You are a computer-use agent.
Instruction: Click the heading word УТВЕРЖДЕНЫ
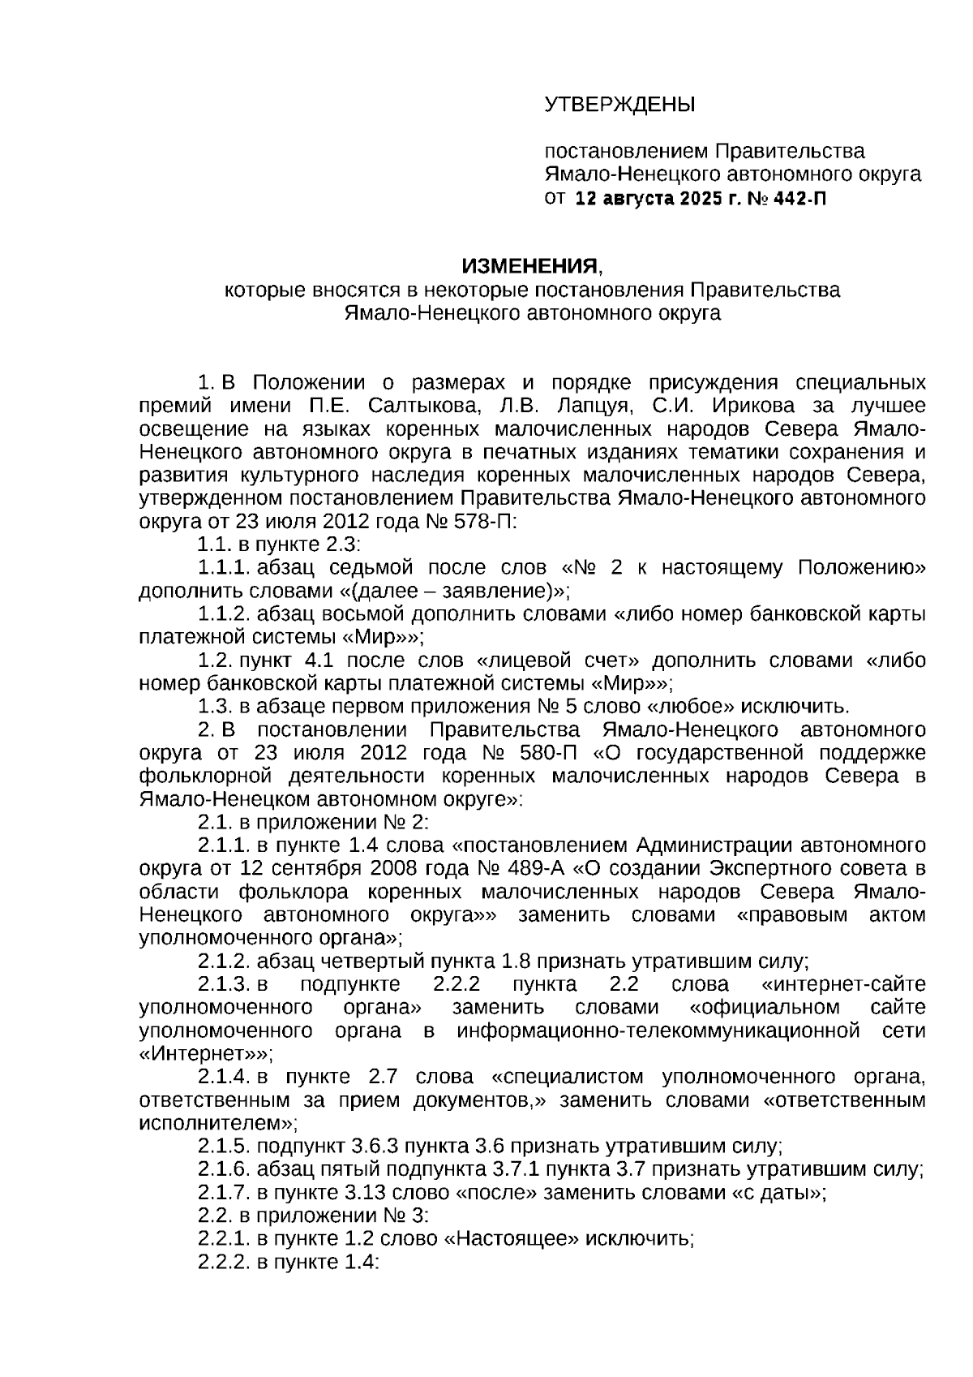619,105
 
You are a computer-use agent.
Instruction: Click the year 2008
397,868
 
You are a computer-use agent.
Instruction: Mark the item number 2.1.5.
224,1147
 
